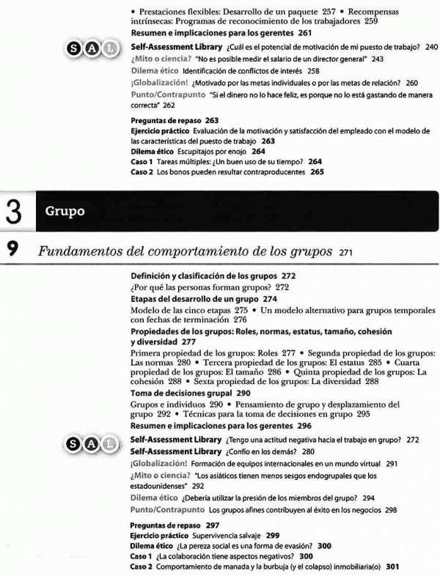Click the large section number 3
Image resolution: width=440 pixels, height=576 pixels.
pos(13,210)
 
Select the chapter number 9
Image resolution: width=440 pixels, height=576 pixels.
pos(12,251)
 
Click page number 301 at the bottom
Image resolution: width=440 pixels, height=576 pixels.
pos(393,566)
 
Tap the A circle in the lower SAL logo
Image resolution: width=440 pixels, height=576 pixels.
pos(92,443)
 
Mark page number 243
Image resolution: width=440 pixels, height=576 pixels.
pos(378,59)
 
